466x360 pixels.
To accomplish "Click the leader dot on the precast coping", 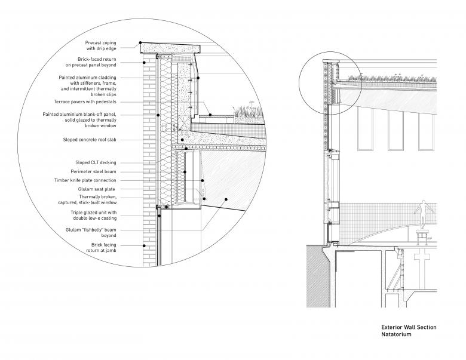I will point(140,42).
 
